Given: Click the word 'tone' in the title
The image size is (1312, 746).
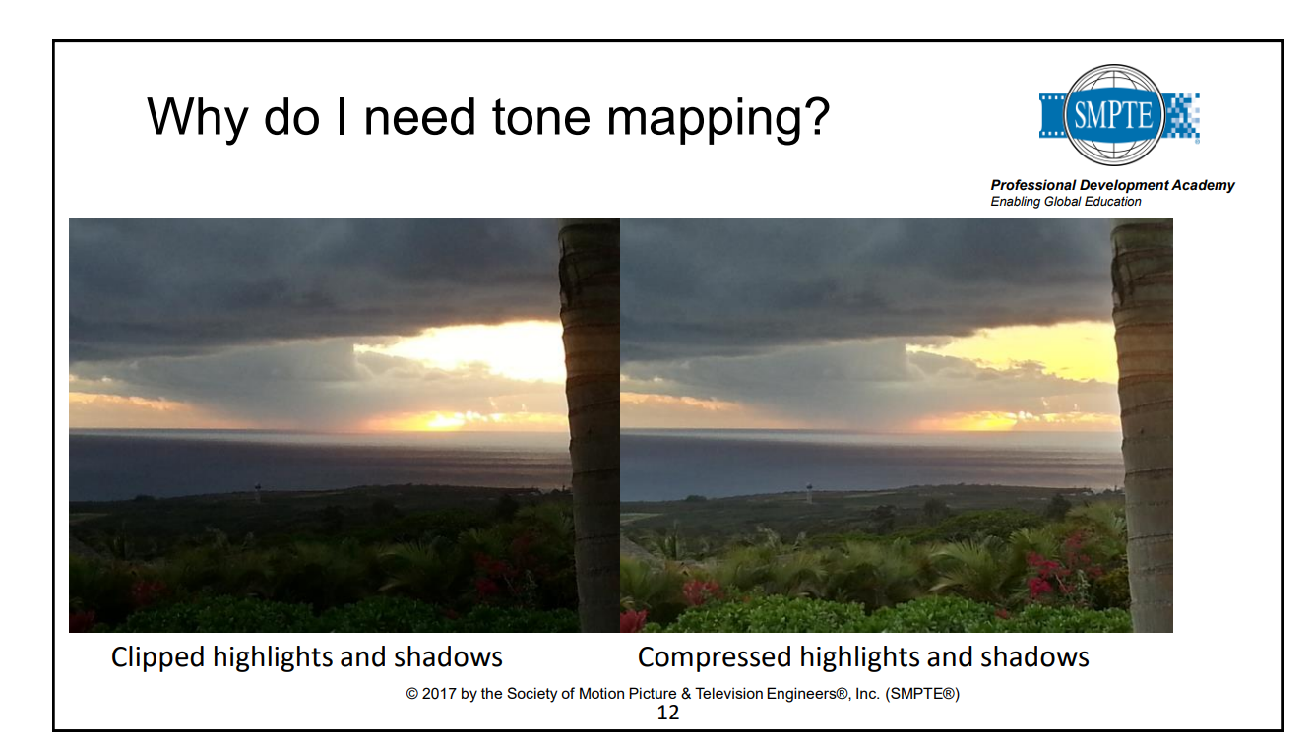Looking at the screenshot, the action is click(x=541, y=116).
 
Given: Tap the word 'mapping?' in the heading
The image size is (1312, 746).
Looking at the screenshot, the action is click(x=718, y=121).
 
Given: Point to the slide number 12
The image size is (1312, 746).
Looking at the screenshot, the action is click(x=668, y=713).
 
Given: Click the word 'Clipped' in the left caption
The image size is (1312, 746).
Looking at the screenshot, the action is click(x=158, y=657).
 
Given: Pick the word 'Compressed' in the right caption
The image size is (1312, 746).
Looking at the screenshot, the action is click(x=715, y=657).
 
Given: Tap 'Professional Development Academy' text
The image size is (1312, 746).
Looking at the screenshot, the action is click(x=1112, y=185).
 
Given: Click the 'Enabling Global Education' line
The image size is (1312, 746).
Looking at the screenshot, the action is click(x=1065, y=202).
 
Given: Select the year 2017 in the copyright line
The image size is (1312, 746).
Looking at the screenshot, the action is click(x=439, y=694).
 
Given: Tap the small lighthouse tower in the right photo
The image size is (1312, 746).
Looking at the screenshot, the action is click(x=809, y=492).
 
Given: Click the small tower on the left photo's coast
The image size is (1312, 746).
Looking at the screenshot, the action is click(x=258, y=492).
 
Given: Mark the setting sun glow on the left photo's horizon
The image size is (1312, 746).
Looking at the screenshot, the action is click(x=448, y=420).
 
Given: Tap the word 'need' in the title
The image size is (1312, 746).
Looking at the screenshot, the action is click(x=418, y=116).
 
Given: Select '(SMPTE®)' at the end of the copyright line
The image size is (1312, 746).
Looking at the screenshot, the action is click(x=922, y=694).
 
